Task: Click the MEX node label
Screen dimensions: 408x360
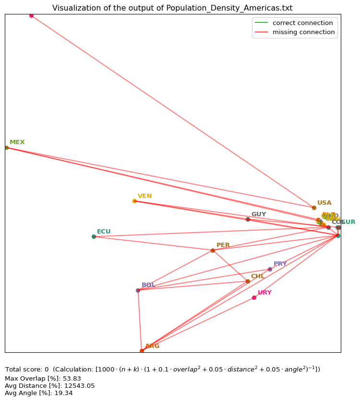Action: [x=17, y=142]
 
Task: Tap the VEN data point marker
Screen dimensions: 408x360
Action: [x=134, y=201]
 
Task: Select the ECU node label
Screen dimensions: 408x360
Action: [x=104, y=232]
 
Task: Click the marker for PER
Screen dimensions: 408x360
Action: [x=213, y=250]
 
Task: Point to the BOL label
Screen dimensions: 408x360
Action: [x=148, y=285]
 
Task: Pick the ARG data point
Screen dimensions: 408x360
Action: [x=142, y=351]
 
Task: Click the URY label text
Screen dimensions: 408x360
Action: [x=264, y=293]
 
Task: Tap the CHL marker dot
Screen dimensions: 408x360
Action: [x=248, y=281]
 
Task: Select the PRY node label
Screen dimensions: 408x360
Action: [x=280, y=264]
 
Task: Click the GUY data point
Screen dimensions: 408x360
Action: [x=248, y=219]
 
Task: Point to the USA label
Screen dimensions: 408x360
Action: [x=324, y=203]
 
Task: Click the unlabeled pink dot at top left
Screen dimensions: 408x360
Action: [x=31, y=15]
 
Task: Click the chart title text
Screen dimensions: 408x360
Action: [x=172, y=8]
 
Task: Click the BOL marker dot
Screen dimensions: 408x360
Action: [x=138, y=290]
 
